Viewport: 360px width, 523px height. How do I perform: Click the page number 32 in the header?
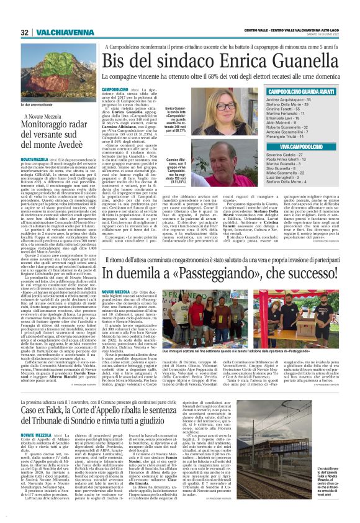(x=24, y=33)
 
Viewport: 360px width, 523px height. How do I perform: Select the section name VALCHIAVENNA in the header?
(x=55, y=33)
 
